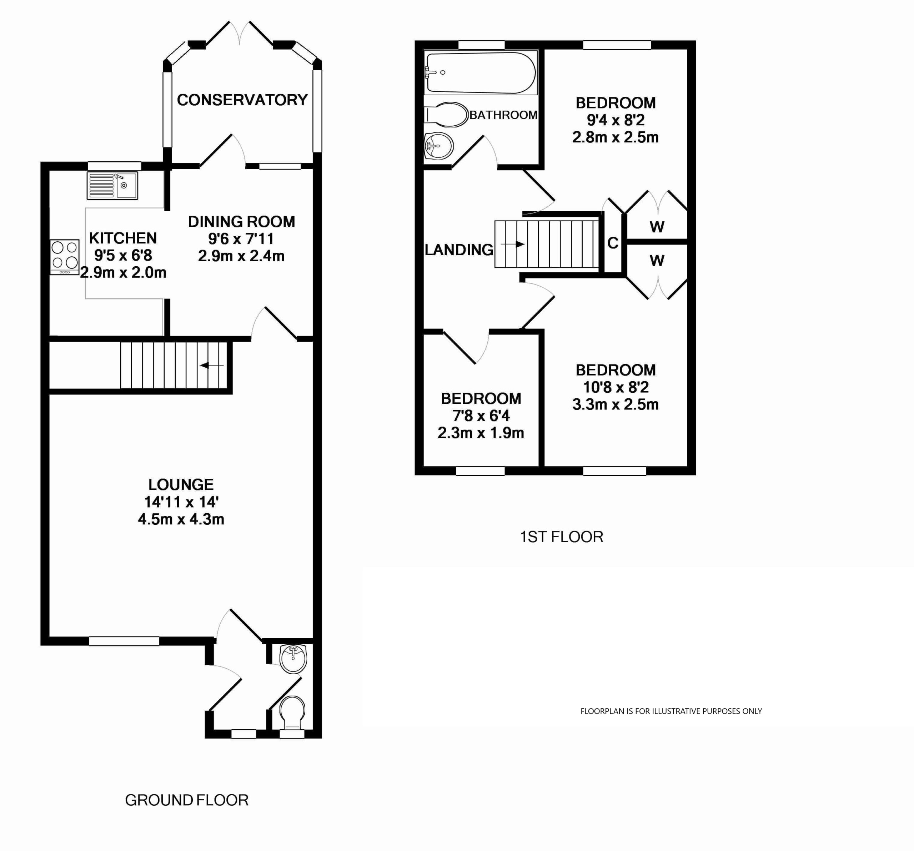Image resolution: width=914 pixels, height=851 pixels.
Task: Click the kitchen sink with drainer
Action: click(112, 186)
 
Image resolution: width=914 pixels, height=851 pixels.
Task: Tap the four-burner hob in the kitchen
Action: click(64, 257)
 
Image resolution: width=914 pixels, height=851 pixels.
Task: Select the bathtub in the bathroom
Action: click(481, 72)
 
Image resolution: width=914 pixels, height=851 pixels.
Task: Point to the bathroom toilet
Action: click(446, 115)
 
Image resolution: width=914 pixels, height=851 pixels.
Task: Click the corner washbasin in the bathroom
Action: click(438, 147)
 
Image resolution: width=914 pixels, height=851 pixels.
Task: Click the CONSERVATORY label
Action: click(242, 100)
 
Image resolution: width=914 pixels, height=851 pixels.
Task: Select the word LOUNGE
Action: click(181, 485)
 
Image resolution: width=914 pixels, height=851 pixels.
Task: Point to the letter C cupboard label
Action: click(613, 243)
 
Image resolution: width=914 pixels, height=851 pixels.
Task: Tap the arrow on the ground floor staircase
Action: click(212, 366)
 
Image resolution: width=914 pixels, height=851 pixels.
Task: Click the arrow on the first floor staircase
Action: click(513, 244)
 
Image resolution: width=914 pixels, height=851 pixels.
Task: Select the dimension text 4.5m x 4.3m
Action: click(181, 519)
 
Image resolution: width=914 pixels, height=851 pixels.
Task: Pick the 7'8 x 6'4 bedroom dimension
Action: click(481, 416)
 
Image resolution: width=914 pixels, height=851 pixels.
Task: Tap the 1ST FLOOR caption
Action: click(561, 537)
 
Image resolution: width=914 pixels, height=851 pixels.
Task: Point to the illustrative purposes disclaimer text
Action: click(671, 711)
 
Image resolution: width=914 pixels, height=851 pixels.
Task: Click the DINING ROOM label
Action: click(241, 222)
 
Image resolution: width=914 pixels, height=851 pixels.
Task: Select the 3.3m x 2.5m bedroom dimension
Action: click(616, 404)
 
